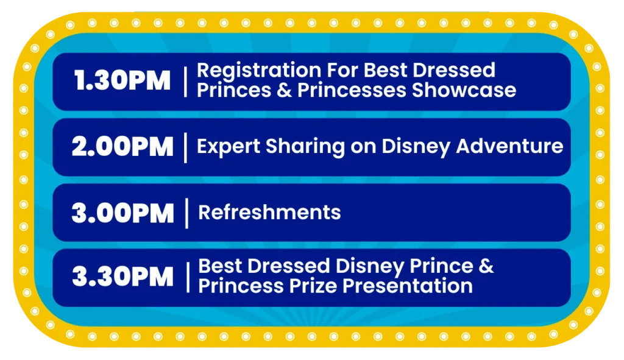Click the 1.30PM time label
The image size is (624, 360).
point(122,80)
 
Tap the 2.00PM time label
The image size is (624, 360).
point(122,147)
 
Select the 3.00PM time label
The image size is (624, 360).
point(123,213)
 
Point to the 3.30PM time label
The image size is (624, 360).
point(122,276)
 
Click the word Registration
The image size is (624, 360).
point(259,71)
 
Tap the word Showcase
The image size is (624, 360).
point(464,90)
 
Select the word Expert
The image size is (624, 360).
point(229,147)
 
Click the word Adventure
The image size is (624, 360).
point(510,146)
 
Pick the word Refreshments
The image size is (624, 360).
point(269,212)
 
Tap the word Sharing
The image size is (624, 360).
point(305,147)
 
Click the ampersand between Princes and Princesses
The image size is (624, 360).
point(285,90)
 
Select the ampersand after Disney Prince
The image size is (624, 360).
point(486,266)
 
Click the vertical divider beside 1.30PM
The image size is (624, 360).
point(185,82)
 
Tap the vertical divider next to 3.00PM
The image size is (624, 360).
point(186,213)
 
